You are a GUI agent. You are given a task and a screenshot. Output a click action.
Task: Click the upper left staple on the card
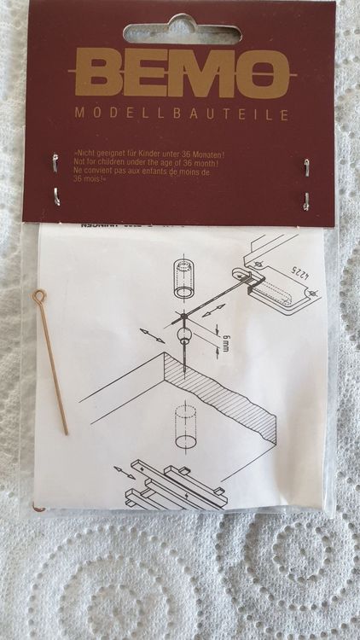tap(55, 161)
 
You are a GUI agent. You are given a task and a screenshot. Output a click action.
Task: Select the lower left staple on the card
tap(55, 196)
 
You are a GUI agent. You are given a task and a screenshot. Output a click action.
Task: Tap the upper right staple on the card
tap(306, 166)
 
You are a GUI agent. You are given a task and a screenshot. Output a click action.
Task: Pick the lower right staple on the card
tap(305, 201)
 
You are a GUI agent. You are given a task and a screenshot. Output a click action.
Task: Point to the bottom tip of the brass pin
tap(67, 433)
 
